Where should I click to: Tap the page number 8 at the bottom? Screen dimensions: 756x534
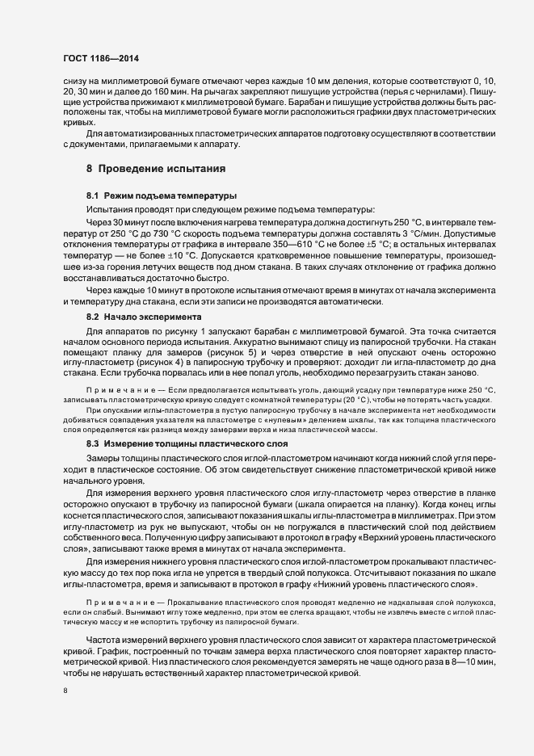click(65, 691)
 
